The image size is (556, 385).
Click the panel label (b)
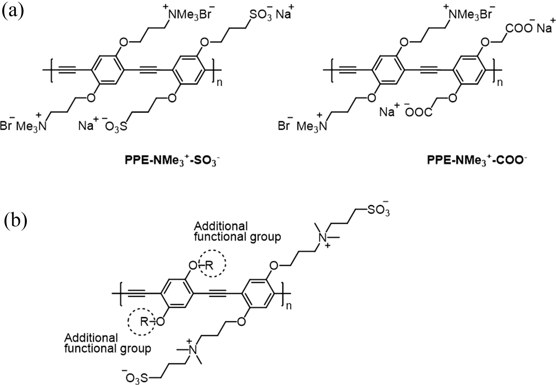16,221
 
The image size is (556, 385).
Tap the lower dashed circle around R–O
141,322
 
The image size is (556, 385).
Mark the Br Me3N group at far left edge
24,126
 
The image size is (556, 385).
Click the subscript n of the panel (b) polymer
289,306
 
